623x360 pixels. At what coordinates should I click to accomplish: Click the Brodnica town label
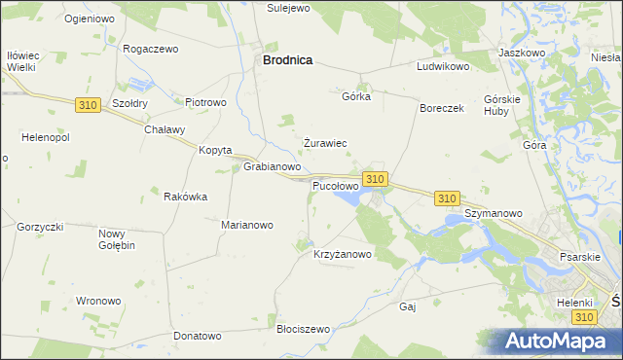tap(287, 59)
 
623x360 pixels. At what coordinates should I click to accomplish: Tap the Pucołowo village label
tap(335, 185)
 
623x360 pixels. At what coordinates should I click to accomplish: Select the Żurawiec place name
tap(325, 143)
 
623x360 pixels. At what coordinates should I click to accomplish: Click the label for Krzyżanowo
tap(343, 255)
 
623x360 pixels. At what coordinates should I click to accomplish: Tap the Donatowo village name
tap(198, 336)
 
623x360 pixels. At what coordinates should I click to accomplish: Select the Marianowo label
tap(247, 225)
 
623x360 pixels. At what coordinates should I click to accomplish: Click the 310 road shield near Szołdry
tap(87, 104)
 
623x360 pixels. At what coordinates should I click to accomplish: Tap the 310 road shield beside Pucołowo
tap(376, 179)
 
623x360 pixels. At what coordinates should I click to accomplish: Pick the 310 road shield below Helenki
tap(584, 318)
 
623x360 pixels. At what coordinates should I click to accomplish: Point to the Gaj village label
tap(408, 306)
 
